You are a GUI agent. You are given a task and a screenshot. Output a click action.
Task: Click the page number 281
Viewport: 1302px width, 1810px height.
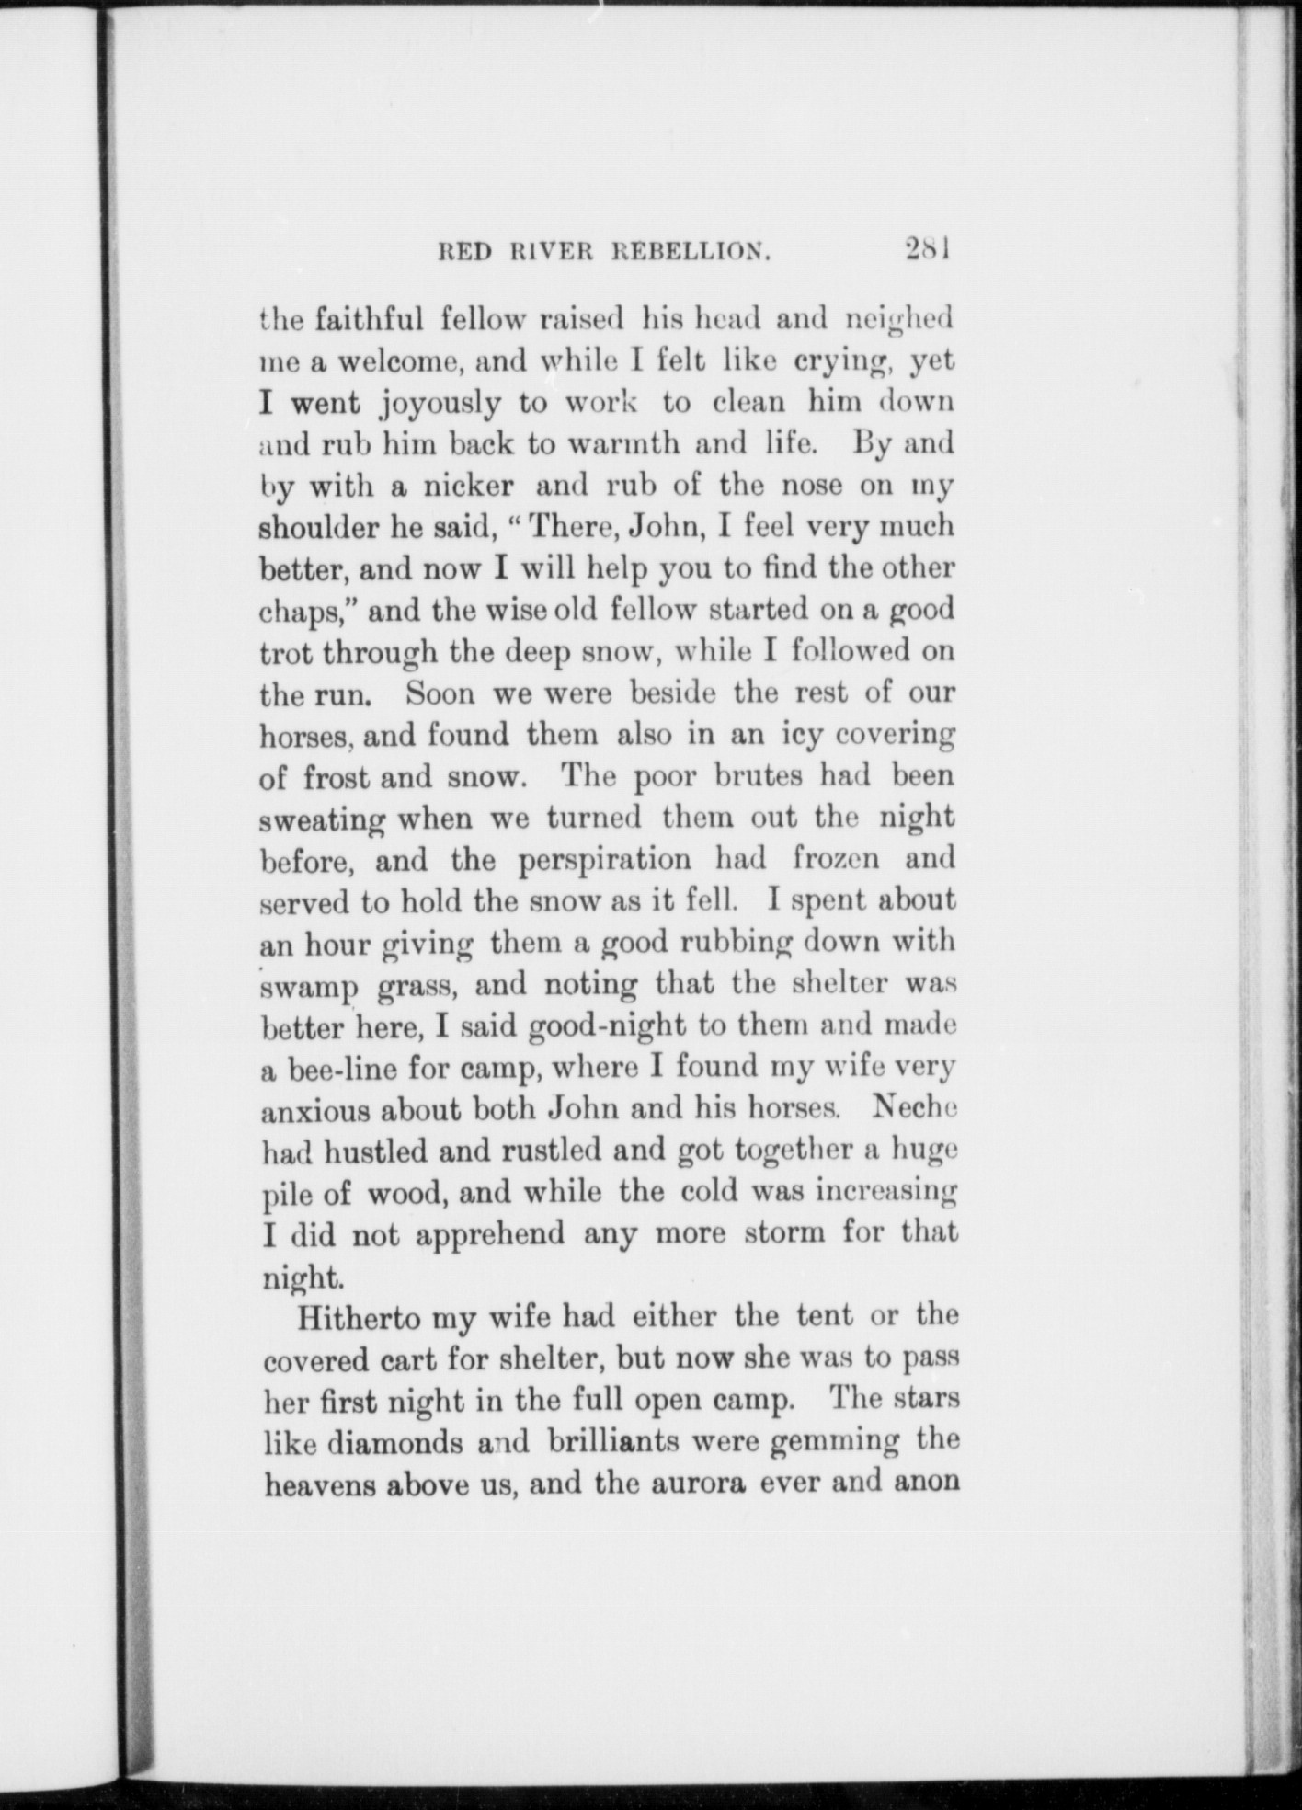tap(926, 250)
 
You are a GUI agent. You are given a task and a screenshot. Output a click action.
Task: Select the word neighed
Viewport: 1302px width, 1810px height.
tap(898, 320)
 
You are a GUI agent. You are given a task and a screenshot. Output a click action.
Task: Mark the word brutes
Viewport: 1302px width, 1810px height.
tap(758, 775)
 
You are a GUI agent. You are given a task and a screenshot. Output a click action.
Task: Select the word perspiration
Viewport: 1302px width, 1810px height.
tap(604, 860)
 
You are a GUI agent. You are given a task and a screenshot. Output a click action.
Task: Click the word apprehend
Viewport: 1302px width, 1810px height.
tap(490, 1233)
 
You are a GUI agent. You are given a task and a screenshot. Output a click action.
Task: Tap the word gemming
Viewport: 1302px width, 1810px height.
tap(834, 1442)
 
